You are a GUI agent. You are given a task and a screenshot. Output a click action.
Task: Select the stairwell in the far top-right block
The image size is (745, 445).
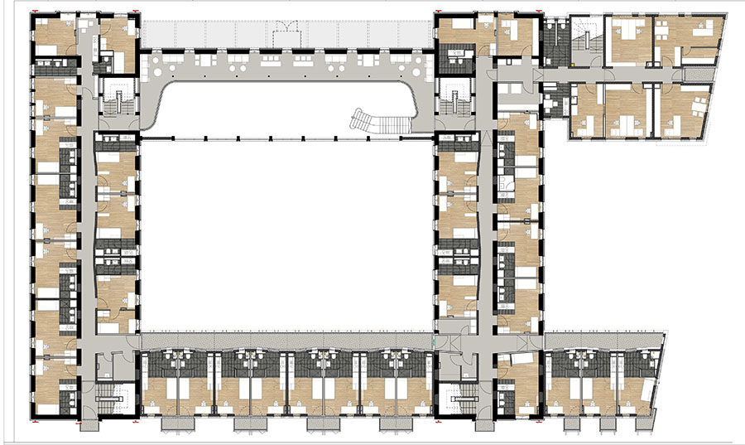(586, 41)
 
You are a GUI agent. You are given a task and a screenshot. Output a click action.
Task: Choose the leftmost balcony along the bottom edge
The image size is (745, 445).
(175, 423)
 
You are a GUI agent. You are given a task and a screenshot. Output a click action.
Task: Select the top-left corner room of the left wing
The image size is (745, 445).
(55, 36)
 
